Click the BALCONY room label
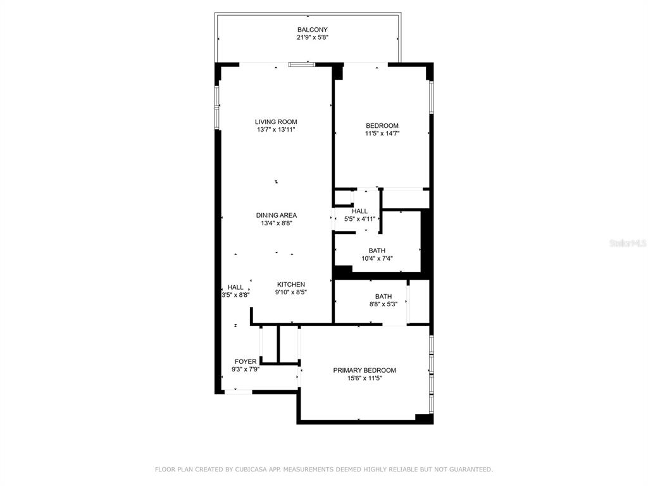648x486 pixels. coord(313,30)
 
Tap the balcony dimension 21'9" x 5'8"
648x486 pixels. coord(313,37)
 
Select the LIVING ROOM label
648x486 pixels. coord(276,122)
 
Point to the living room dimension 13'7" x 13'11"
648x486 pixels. coord(276,130)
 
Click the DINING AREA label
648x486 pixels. coord(277,215)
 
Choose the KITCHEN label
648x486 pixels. coord(291,285)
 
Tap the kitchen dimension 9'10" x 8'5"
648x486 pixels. coord(291,292)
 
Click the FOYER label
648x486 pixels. coord(246,361)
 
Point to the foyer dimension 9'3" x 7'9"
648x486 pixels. coord(246,370)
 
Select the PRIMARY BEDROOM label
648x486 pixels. coord(364,370)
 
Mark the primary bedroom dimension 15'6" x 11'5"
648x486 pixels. coord(364,378)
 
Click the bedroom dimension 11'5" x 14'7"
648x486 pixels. coord(382,134)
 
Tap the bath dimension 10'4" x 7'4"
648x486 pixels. coord(377,259)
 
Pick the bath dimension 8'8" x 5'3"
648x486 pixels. coord(383,304)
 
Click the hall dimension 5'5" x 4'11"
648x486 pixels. coord(360,219)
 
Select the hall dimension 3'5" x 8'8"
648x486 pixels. coord(235,295)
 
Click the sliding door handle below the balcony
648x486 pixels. coord(301,65)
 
